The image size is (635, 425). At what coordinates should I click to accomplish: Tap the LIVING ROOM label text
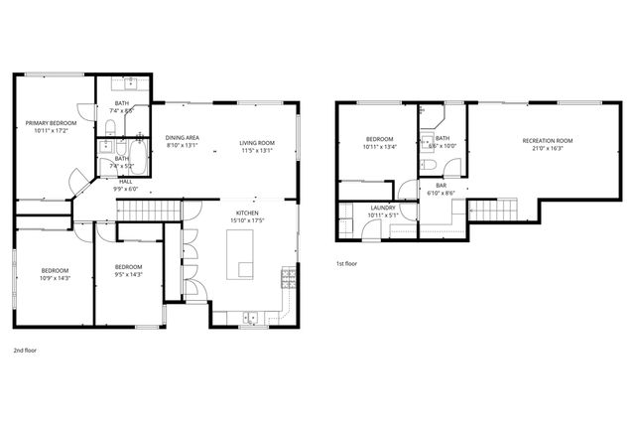coord(256,143)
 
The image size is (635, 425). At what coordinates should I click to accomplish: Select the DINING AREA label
coord(182,137)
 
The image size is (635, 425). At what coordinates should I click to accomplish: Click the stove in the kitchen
coord(290,277)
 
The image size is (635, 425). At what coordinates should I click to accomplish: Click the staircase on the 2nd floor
coord(150,212)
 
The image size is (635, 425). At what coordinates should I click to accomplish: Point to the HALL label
coord(126,182)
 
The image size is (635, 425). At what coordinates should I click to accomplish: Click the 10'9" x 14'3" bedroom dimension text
coord(55,278)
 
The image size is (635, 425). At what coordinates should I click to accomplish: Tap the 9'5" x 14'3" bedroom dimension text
coord(128,274)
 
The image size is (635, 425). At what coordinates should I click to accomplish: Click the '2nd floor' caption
coord(26,351)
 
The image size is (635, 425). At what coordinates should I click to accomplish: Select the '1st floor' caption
coord(347,263)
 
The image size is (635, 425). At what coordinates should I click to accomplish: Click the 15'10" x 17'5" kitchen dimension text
coord(248,219)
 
